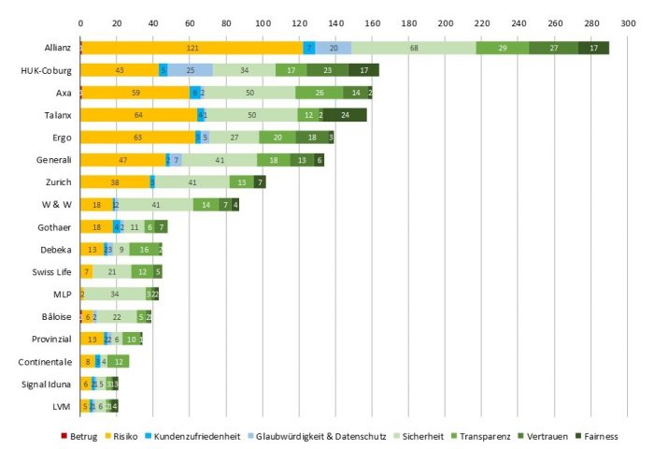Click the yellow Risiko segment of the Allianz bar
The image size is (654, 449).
(192, 48)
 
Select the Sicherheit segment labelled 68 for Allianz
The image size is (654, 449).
(413, 48)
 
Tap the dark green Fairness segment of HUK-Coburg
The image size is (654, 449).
(363, 70)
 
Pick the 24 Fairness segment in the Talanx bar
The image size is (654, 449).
(345, 114)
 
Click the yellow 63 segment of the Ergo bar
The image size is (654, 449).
(138, 137)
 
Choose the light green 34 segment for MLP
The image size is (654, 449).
(115, 293)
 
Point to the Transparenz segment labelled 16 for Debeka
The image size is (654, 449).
(144, 249)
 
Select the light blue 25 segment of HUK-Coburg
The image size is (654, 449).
(190, 70)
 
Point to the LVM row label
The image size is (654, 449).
(62, 405)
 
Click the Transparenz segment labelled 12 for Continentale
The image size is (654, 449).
(119, 361)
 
